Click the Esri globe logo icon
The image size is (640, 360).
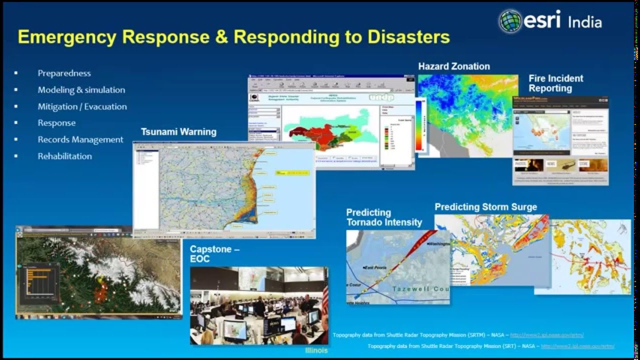point(510,21)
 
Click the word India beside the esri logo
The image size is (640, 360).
point(584,22)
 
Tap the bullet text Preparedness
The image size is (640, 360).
point(64,73)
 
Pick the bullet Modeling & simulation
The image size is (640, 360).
point(81,90)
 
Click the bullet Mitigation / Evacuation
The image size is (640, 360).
point(82,106)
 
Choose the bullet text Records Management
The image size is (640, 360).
point(80,139)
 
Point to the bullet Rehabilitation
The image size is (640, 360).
point(64,156)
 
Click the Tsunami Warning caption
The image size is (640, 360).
point(178,132)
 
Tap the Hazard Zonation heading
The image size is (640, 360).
point(454,66)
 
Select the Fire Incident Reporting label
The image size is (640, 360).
point(555,83)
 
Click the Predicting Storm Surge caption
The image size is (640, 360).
point(485,207)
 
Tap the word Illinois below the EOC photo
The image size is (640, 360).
point(316,350)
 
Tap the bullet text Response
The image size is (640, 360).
point(56,123)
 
